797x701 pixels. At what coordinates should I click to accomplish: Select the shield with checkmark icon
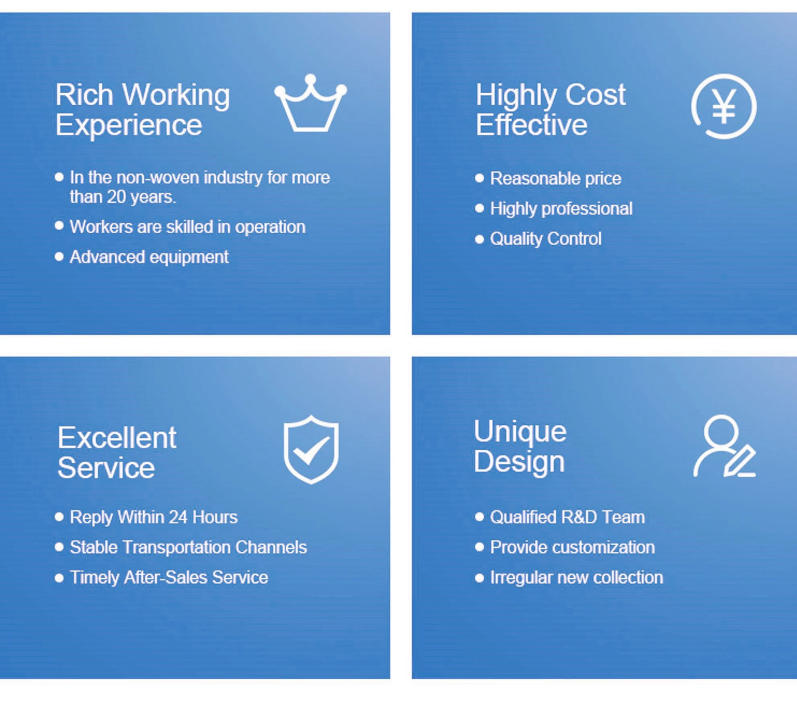(311, 449)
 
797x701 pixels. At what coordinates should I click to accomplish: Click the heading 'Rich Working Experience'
(142, 110)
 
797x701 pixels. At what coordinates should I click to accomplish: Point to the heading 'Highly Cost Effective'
(551, 110)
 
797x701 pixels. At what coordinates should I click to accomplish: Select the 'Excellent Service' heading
(117, 452)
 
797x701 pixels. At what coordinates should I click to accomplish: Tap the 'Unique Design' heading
(520, 446)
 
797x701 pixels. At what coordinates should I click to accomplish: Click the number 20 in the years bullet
(117, 197)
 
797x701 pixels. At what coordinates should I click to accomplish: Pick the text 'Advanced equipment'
(149, 257)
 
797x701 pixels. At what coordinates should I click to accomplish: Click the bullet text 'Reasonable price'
(556, 179)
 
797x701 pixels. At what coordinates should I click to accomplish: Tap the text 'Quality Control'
(546, 239)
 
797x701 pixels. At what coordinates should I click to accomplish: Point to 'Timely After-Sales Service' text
(169, 578)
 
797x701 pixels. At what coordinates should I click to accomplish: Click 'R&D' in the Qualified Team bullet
(579, 517)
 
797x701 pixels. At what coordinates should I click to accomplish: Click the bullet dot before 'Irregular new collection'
(479, 578)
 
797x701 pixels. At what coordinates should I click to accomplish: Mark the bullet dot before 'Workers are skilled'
(59, 226)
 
